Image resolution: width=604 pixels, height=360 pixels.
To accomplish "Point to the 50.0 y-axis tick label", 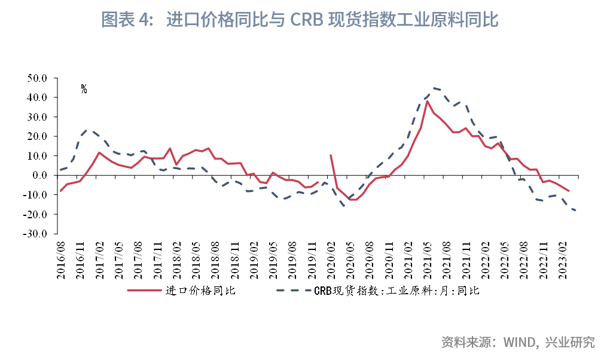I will (37, 78).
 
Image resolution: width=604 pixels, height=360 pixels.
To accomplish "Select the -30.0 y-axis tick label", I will (36, 234).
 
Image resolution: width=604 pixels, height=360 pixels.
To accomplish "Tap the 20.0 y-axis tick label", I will (37, 136).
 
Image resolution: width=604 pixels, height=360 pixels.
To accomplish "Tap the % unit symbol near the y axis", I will (84, 89).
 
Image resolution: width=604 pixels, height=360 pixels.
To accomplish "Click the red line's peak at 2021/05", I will (427, 100).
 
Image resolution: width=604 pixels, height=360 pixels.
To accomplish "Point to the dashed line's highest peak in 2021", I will (434, 88).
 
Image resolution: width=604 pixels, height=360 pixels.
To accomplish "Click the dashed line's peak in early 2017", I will (88, 129).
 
